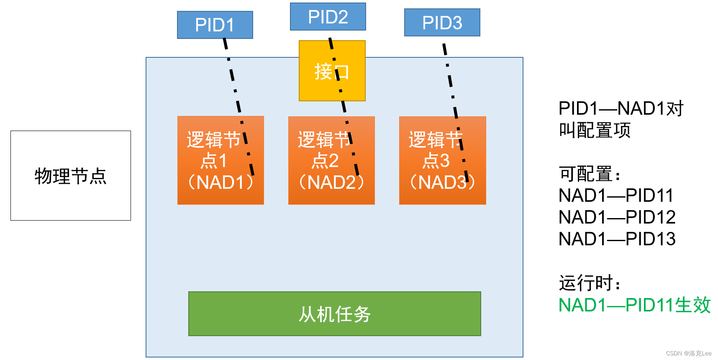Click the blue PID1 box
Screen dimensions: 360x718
(215, 25)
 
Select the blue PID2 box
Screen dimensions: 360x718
(328, 17)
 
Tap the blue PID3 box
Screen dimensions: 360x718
(442, 23)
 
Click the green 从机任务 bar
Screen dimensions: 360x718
(334, 314)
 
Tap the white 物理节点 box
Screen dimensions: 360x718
(70, 176)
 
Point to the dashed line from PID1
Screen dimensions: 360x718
(233, 80)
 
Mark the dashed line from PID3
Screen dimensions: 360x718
(450, 80)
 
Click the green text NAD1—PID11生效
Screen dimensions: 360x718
(634, 305)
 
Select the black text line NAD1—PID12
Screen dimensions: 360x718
(617, 217)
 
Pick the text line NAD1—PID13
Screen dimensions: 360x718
(617, 239)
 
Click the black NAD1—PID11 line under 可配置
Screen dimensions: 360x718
(616, 195)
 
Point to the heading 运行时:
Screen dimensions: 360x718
(589, 283)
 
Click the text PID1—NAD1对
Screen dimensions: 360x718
(621, 108)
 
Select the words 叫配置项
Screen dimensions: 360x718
(594, 130)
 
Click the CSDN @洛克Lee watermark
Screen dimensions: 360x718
(688, 353)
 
